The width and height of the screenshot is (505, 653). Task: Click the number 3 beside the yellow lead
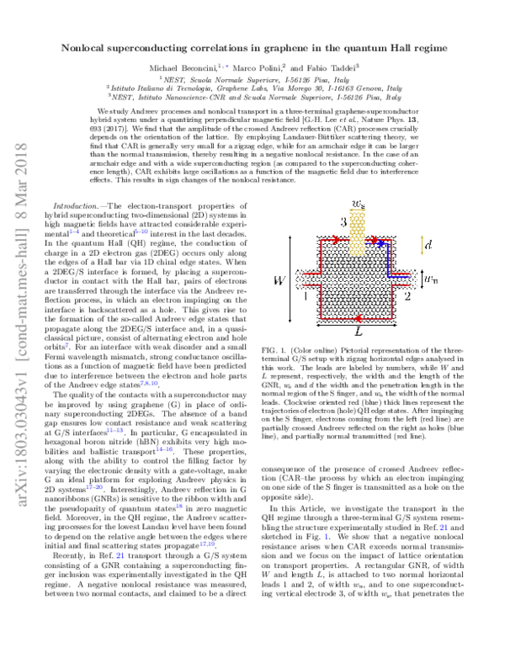point(343,222)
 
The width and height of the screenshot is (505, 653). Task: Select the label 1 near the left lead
point(305,296)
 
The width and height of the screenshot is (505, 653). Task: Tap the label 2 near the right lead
point(407,296)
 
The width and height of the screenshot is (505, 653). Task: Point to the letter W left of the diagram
point(279,280)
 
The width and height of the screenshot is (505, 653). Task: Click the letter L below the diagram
point(359,332)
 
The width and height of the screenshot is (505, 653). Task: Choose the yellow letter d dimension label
point(428,245)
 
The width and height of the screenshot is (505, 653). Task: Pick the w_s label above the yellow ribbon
point(359,204)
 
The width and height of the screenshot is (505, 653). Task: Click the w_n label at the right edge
point(431,279)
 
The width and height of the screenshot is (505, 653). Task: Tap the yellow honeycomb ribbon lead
point(358,231)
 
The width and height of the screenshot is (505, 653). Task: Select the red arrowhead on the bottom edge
point(358,318)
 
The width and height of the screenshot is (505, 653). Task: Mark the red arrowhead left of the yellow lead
point(337,240)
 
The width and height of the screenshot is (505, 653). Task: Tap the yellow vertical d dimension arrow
point(422,245)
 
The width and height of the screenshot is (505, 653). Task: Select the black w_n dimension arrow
point(422,279)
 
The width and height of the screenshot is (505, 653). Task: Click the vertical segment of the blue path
point(388,259)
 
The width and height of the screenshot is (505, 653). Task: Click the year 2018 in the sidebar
point(22,160)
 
